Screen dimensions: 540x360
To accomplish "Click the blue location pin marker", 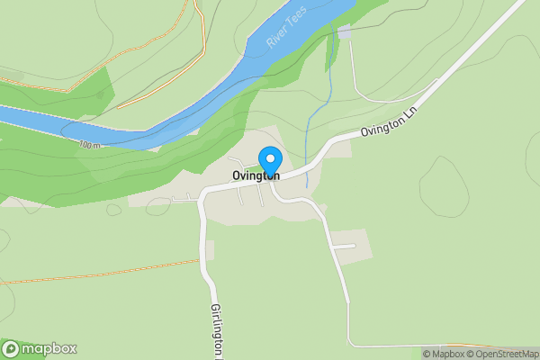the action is pos(269,163).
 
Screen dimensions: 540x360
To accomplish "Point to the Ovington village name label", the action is pos(255,175).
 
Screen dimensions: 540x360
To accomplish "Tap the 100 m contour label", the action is pos(90,145).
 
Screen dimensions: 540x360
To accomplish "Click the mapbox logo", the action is pos(40,348).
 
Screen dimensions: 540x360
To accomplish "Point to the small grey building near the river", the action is pos(345,32).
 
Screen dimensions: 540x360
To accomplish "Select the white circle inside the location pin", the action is pos(269,158).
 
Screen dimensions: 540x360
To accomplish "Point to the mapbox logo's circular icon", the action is pos(12,348).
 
